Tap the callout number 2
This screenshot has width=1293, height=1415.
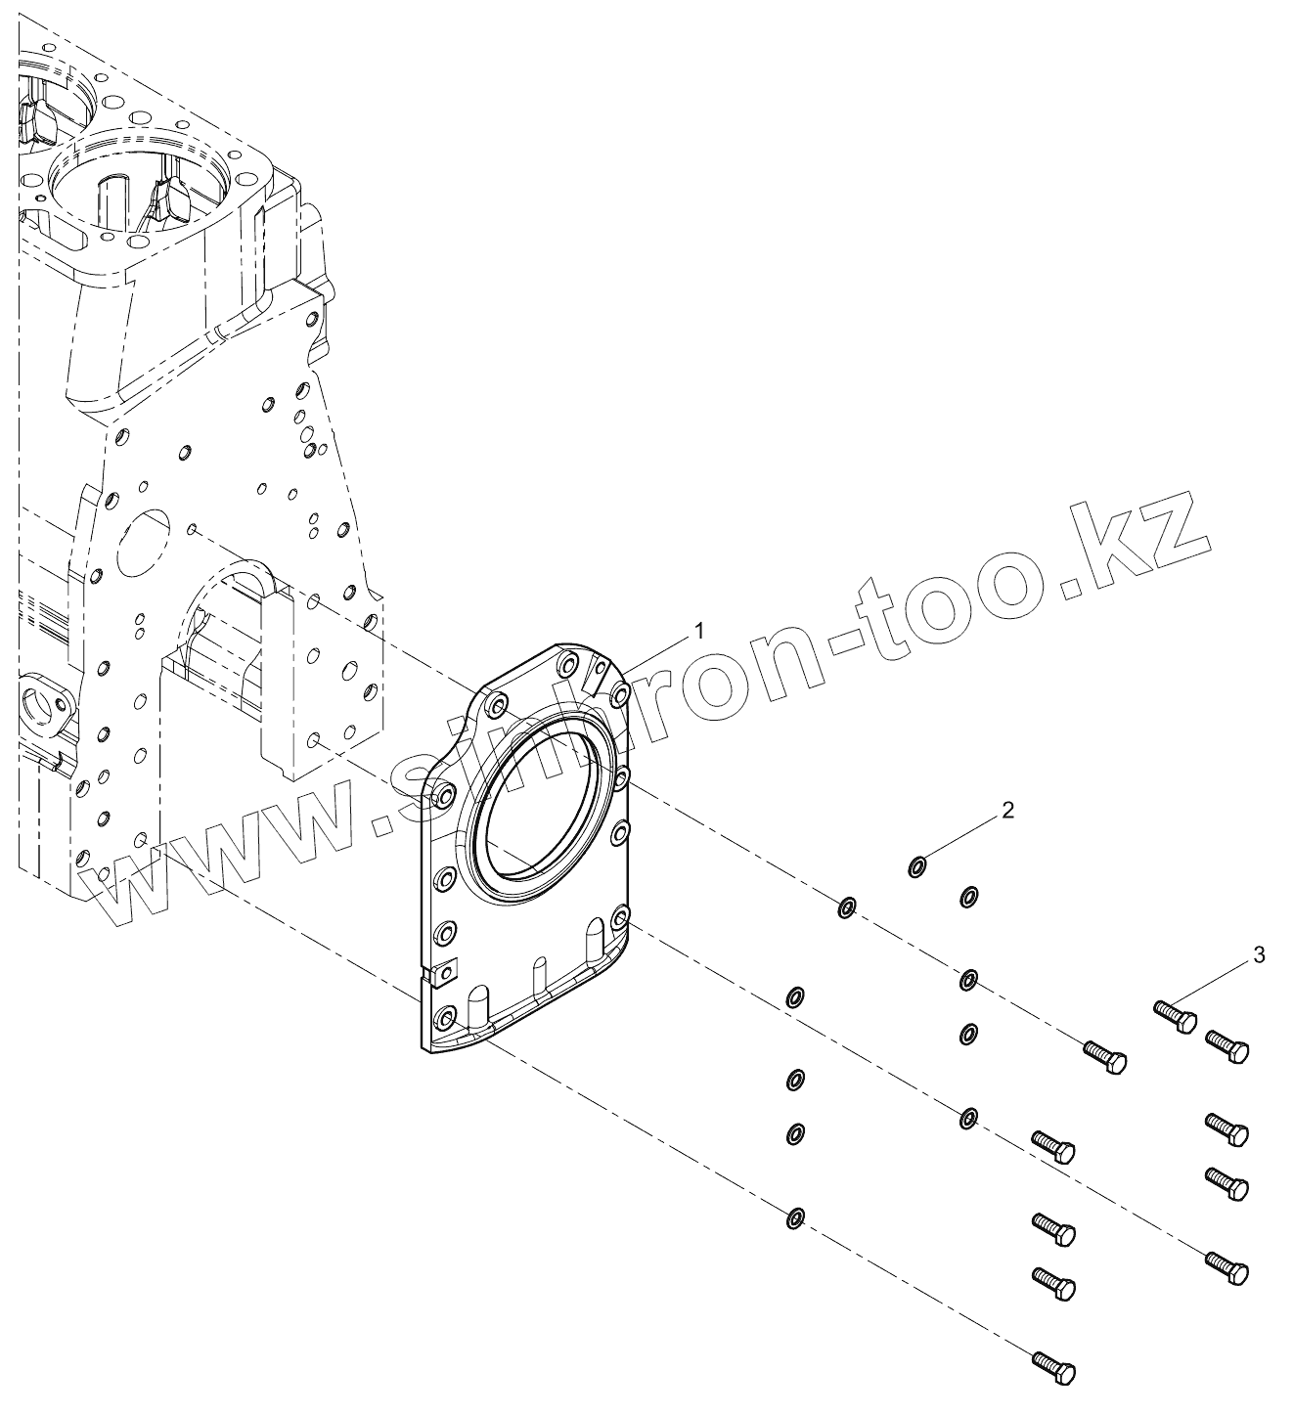[x=1007, y=810]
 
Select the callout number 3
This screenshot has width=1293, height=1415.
[x=1259, y=954]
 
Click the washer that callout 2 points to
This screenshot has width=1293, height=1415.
[x=917, y=865]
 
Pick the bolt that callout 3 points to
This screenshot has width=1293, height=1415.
[x=1175, y=1016]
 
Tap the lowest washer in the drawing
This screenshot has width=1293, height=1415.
[x=795, y=1218]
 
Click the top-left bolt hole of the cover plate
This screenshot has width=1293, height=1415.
[x=496, y=705]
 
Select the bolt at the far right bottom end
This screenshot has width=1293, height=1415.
[x=1227, y=1265]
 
